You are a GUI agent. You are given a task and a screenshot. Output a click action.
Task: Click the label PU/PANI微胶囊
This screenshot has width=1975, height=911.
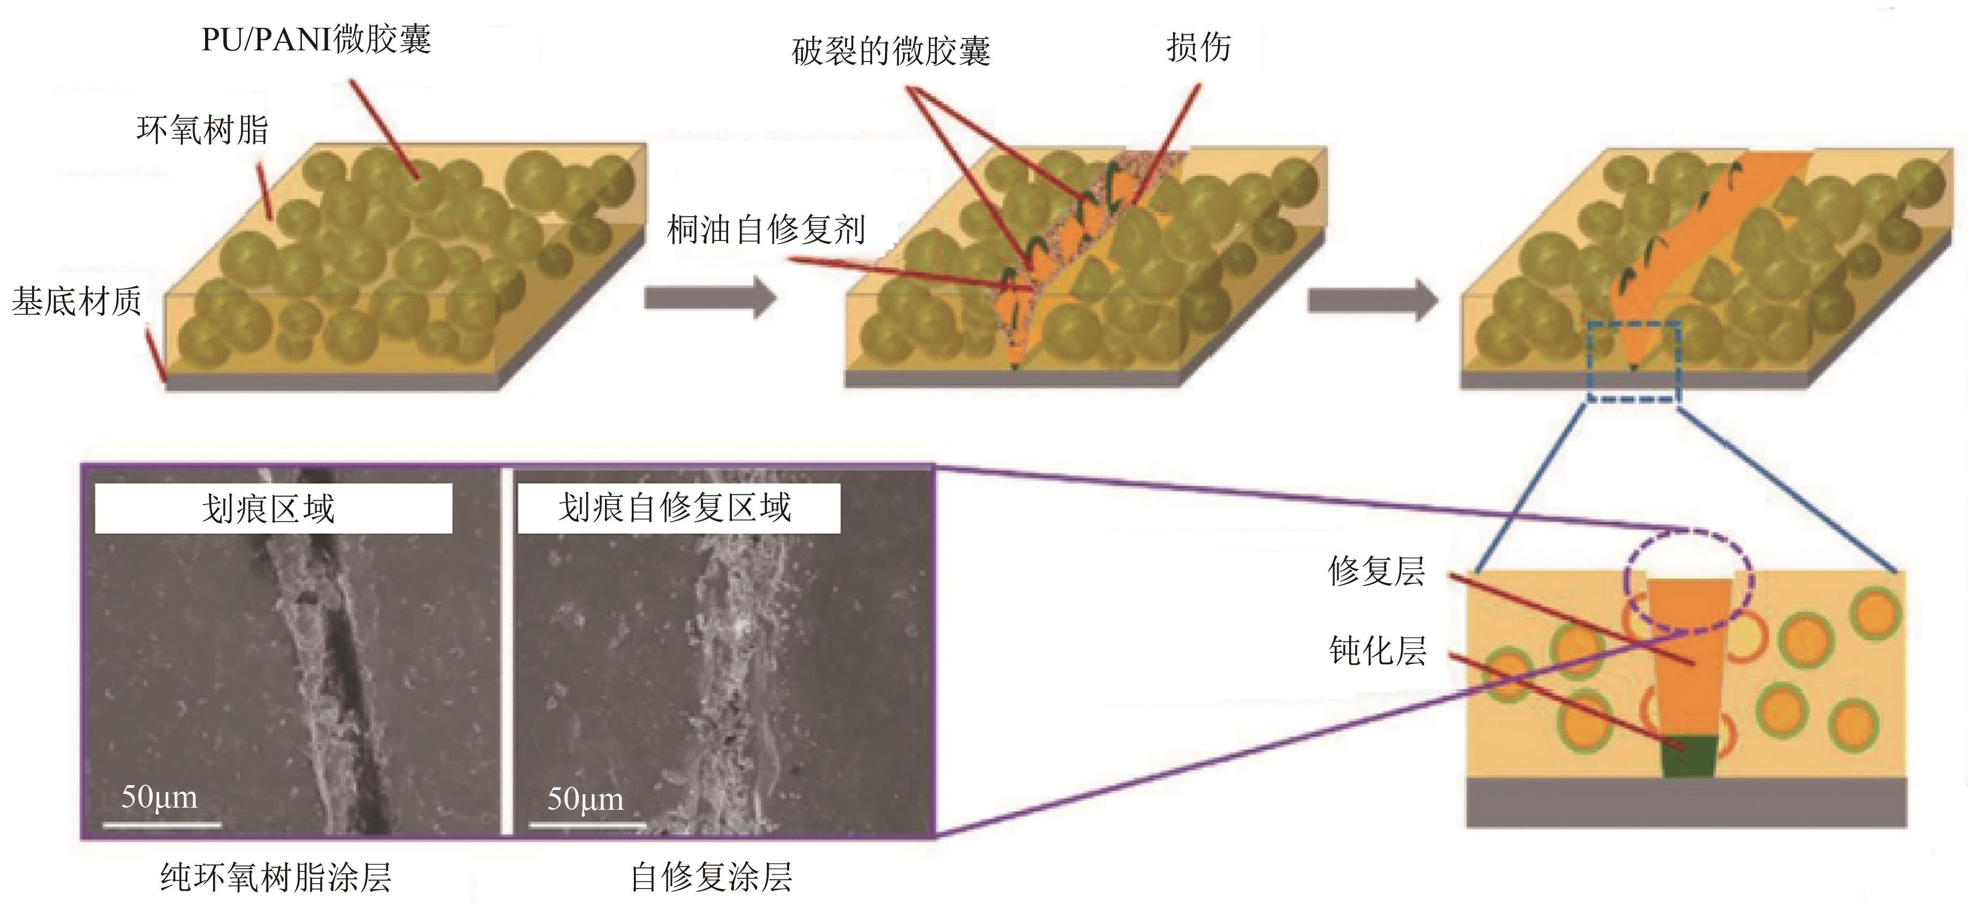click(x=316, y=39)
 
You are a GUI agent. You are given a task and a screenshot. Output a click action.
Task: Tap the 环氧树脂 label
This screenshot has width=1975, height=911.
click(x=202, y=130)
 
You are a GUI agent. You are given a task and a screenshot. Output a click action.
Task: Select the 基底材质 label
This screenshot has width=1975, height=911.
click(x=77, y=302)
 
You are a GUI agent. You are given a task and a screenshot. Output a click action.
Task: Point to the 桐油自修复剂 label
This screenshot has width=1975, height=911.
click(x=766, y=229)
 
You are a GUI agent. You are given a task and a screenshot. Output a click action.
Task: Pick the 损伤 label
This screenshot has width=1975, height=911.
click(x=1198, y=48)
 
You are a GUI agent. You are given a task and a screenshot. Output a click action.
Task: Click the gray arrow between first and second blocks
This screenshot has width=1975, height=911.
click(x=710, y=298)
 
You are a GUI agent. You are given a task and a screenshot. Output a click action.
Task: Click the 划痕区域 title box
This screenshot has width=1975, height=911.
click(x=273, y=508)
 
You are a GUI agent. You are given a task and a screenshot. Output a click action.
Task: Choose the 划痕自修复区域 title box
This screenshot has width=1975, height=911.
click(x=678, y=508)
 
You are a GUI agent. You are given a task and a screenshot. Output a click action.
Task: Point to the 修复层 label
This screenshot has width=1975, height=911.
click(x=1376, y=571)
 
